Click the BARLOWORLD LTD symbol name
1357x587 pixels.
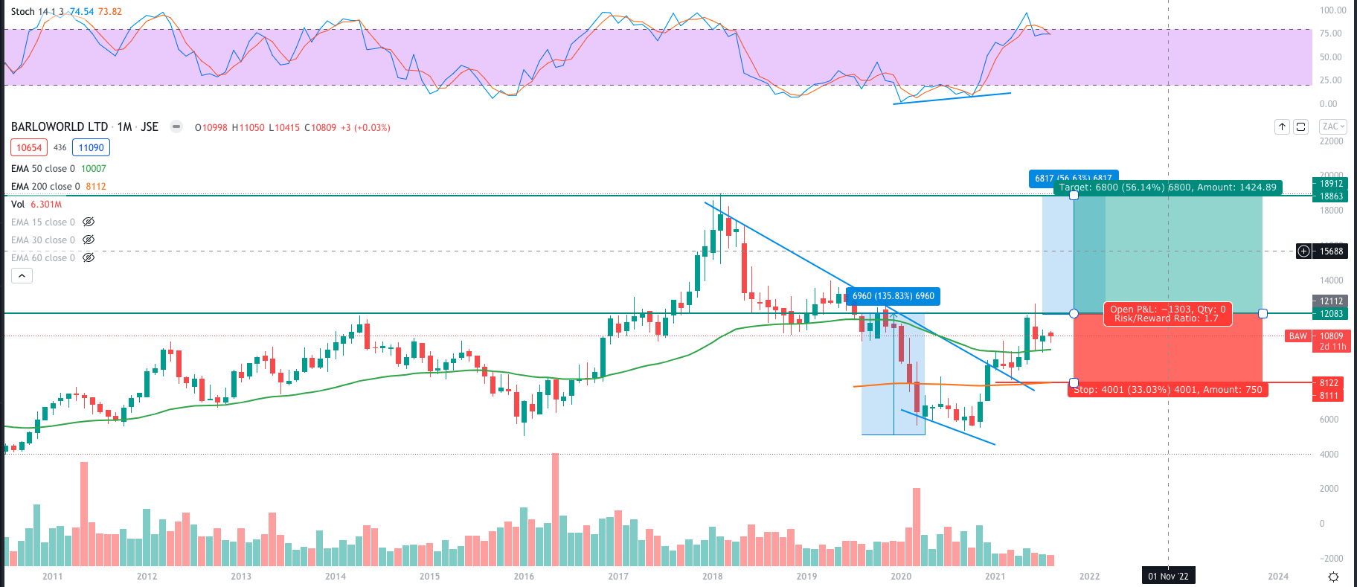59,127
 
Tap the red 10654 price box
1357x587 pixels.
29,148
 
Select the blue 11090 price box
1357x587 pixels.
91,148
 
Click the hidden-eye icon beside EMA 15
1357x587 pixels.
89,222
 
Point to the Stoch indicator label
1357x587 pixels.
22,12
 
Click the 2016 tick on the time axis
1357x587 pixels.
524,577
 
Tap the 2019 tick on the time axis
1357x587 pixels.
806,577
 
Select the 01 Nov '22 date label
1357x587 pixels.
1168,577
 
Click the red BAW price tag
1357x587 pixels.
1297,336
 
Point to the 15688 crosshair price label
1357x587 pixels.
1331,251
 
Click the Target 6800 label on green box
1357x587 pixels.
1167,187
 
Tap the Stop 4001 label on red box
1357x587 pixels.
1167,390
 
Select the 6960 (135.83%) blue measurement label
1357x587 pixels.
893,296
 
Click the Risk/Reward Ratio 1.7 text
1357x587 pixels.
1166,318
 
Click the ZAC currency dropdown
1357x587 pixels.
1332,126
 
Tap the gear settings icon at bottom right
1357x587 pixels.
1333,577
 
